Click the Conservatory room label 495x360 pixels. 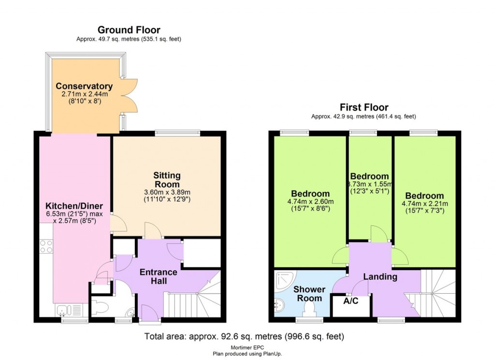tap(84, 86)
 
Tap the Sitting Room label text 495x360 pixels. tap(167, 180)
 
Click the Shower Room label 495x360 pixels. tap(309, 294)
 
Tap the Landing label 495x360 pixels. tap(380, 277)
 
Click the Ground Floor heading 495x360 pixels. tap(129, 30)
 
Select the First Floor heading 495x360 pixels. tap(364, 107)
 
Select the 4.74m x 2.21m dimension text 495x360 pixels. tap(424, 203)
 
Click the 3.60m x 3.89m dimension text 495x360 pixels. tap(167, 192)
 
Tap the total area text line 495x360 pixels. tap(245, 336)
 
